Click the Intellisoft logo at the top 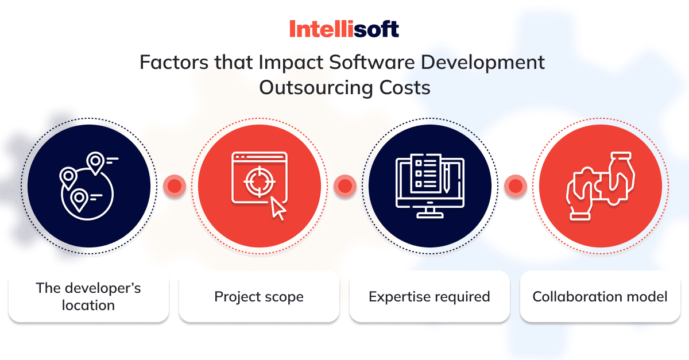point(344,29)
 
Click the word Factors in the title point(175,62)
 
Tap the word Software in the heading point(372,62)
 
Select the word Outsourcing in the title point(316,88)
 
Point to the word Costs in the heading point(405,88)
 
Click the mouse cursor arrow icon point(278,208)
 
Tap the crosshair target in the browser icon point(260,181)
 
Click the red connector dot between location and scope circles point(175,186)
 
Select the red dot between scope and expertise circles point(345,186)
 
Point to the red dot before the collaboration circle point(516,186)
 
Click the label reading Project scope point(259,297)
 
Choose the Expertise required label point(429,297)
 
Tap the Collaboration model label point(600,297)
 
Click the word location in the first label point(88,305)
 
